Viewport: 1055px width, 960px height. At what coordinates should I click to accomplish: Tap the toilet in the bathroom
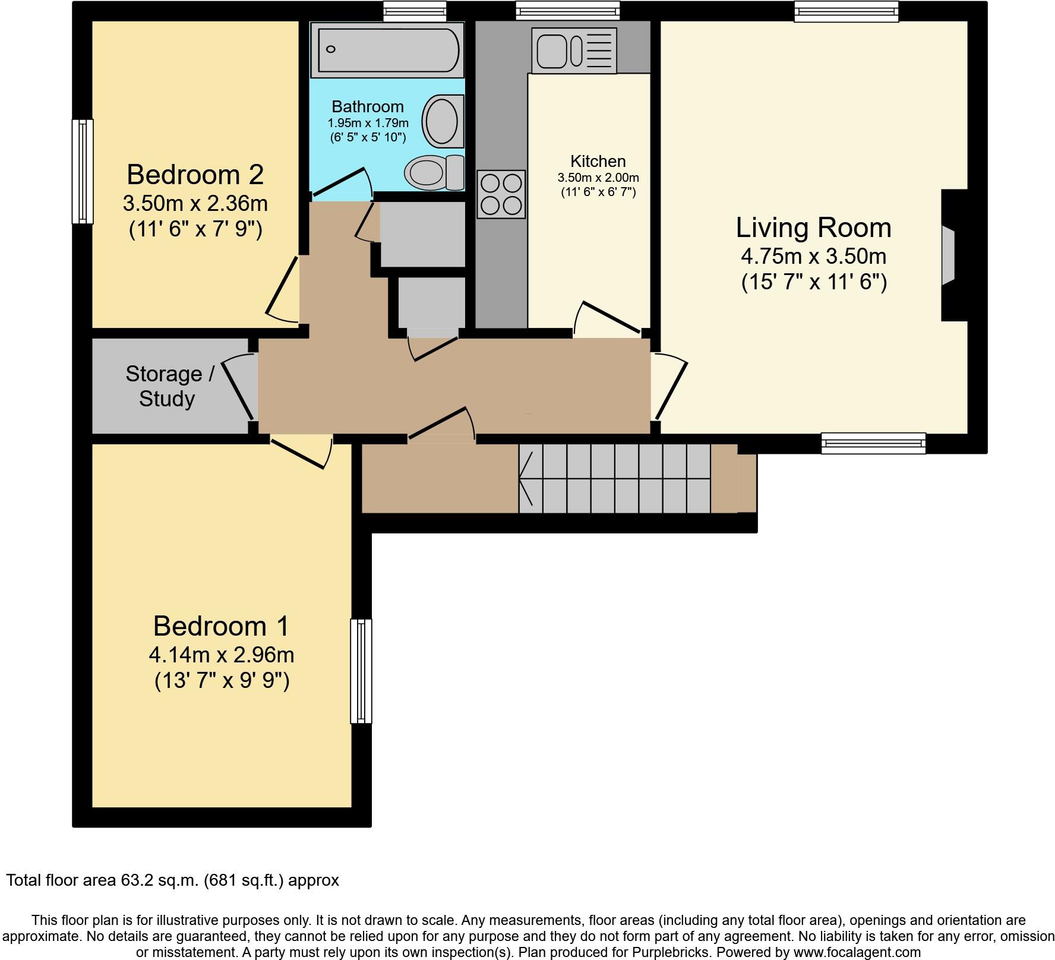click(x=434, y=172)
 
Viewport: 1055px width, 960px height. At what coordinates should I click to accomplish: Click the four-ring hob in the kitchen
click(x=501, y=194)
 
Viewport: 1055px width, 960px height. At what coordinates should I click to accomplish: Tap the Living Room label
click(x=813, y=228)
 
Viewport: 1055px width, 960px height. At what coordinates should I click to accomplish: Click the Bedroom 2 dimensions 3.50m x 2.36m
click(x=195, y=204)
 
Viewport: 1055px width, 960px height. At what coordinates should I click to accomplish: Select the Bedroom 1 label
click(x=221, y=626)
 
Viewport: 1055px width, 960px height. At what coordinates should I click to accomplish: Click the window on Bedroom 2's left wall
click(x=83, y=171)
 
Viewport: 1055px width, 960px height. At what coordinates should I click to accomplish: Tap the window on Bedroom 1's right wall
click(x=361, y=671)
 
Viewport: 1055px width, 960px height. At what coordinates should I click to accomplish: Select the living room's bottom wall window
click(x=873, y=443)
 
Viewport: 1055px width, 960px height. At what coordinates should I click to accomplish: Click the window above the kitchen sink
click(x=567, y=10)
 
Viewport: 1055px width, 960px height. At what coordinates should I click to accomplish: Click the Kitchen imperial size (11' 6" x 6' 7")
click(x=598, y=192)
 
